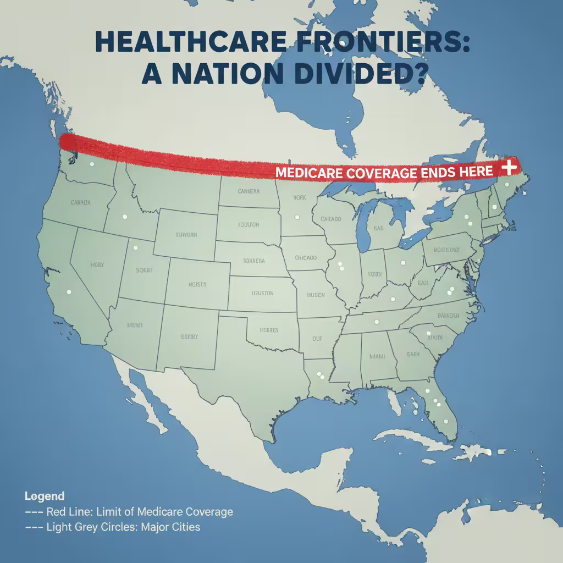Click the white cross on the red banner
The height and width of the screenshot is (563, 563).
tap(510, 167)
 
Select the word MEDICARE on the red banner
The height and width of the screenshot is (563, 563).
tap(309, 173)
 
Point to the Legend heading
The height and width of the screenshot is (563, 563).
tap(45, 496)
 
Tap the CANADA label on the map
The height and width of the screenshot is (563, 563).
tap(81, 202)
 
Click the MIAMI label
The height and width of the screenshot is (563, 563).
tap(377, 356)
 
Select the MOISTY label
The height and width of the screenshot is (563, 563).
tap(197, 284)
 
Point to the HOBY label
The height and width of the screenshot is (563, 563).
tap(97, 265)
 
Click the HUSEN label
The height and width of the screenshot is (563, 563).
tap(316, 295)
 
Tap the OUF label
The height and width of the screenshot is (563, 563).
tap(317, 339)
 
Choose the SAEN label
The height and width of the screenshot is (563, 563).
tap(413, 355)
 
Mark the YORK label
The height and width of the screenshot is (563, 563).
tap(300, 197)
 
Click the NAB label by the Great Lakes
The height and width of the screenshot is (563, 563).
tap(378, 228)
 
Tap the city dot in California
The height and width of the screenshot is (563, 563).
tap(69, 292)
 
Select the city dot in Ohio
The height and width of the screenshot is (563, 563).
tap(402, 263)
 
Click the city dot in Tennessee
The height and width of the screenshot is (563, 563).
tap(376, 322)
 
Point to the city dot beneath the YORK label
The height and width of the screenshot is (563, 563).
tap(297, 216)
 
